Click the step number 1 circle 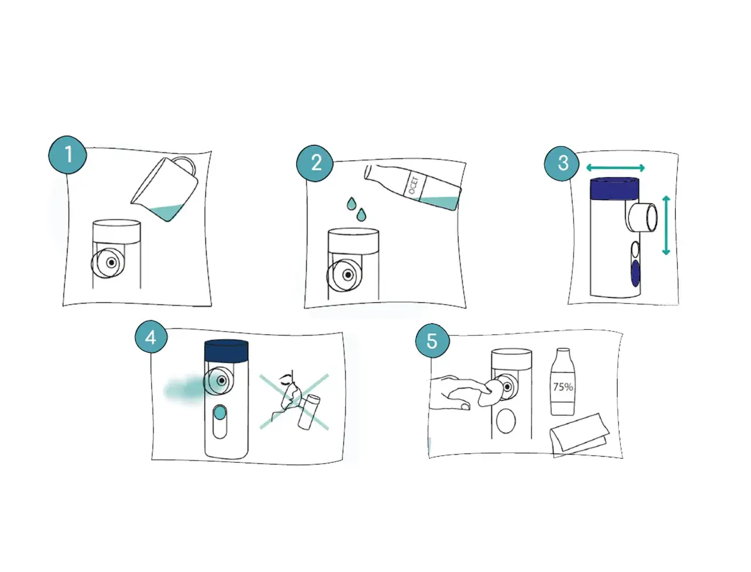click(x=67, y=154)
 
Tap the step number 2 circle click(x=314, y=163)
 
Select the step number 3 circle click(x=561, y=163)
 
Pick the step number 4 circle click(x=151, y=337)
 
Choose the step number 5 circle click(x=432, y=340)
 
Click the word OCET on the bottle click(x=413, y=185)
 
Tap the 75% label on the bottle click(x=563, y=387)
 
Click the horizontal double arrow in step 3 click(x=615, y=168)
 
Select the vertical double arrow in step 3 click(x=666, y=225)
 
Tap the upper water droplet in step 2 click(x=351, y=204)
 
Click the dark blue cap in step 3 click(x=614, y=188)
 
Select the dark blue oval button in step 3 click(x=635, y=273)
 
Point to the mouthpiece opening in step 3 click(x=651, y=218)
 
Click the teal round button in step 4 click(x=219, y=413)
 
